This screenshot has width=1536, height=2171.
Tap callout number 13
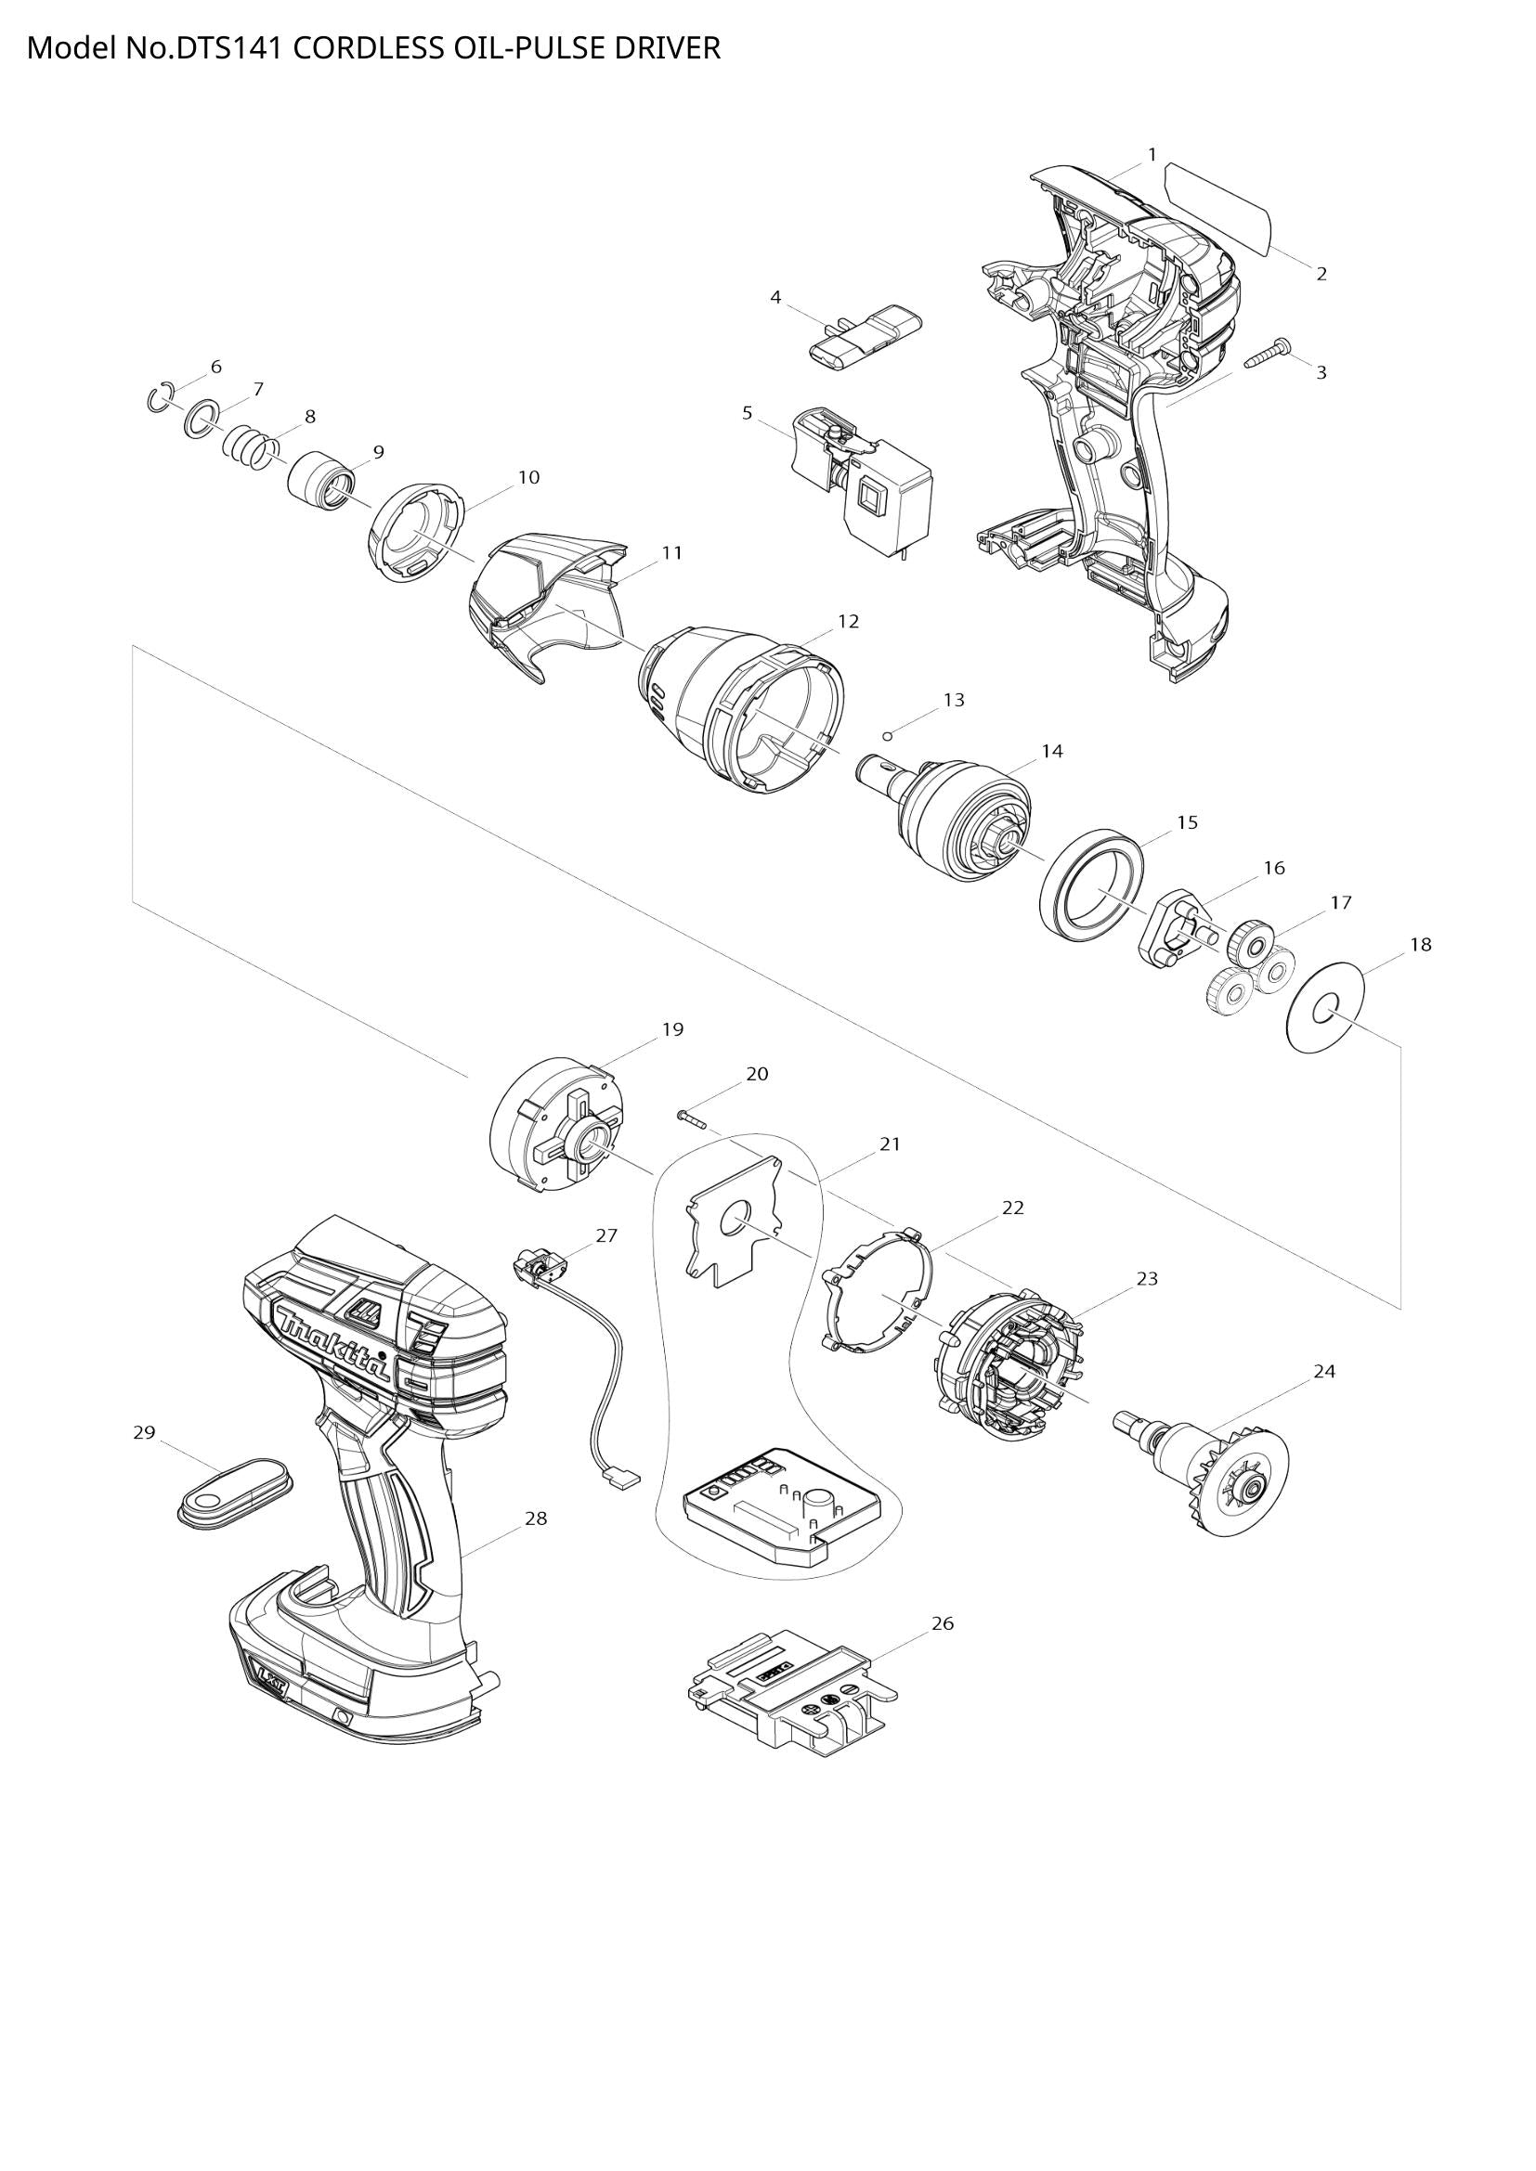click(x=954, y=700)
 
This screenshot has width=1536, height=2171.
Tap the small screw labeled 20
click(x=693, y=1119)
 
